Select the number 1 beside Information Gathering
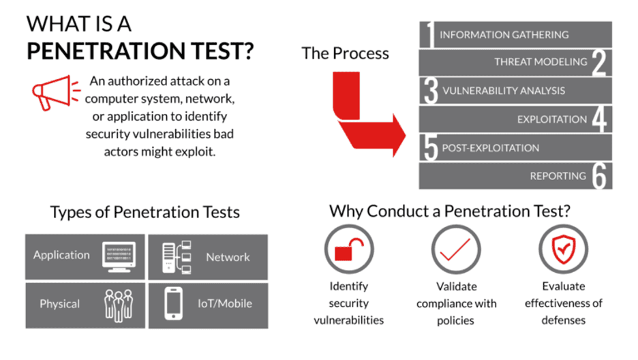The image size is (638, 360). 429,35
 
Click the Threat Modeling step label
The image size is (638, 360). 541,62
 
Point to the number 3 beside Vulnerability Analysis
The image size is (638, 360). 430,91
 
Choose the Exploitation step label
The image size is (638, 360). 551,119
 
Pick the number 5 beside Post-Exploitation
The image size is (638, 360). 430,148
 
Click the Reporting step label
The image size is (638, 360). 558,176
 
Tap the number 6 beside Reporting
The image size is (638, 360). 598,176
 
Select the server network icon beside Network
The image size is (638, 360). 176,257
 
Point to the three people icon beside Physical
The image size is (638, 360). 118,304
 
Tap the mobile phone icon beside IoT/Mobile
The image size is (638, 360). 174,304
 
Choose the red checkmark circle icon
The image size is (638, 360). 455,250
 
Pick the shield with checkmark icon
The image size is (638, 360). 563,249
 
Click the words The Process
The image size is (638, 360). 345,53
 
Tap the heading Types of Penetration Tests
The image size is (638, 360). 145,211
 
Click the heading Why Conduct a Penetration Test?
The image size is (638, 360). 450,211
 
